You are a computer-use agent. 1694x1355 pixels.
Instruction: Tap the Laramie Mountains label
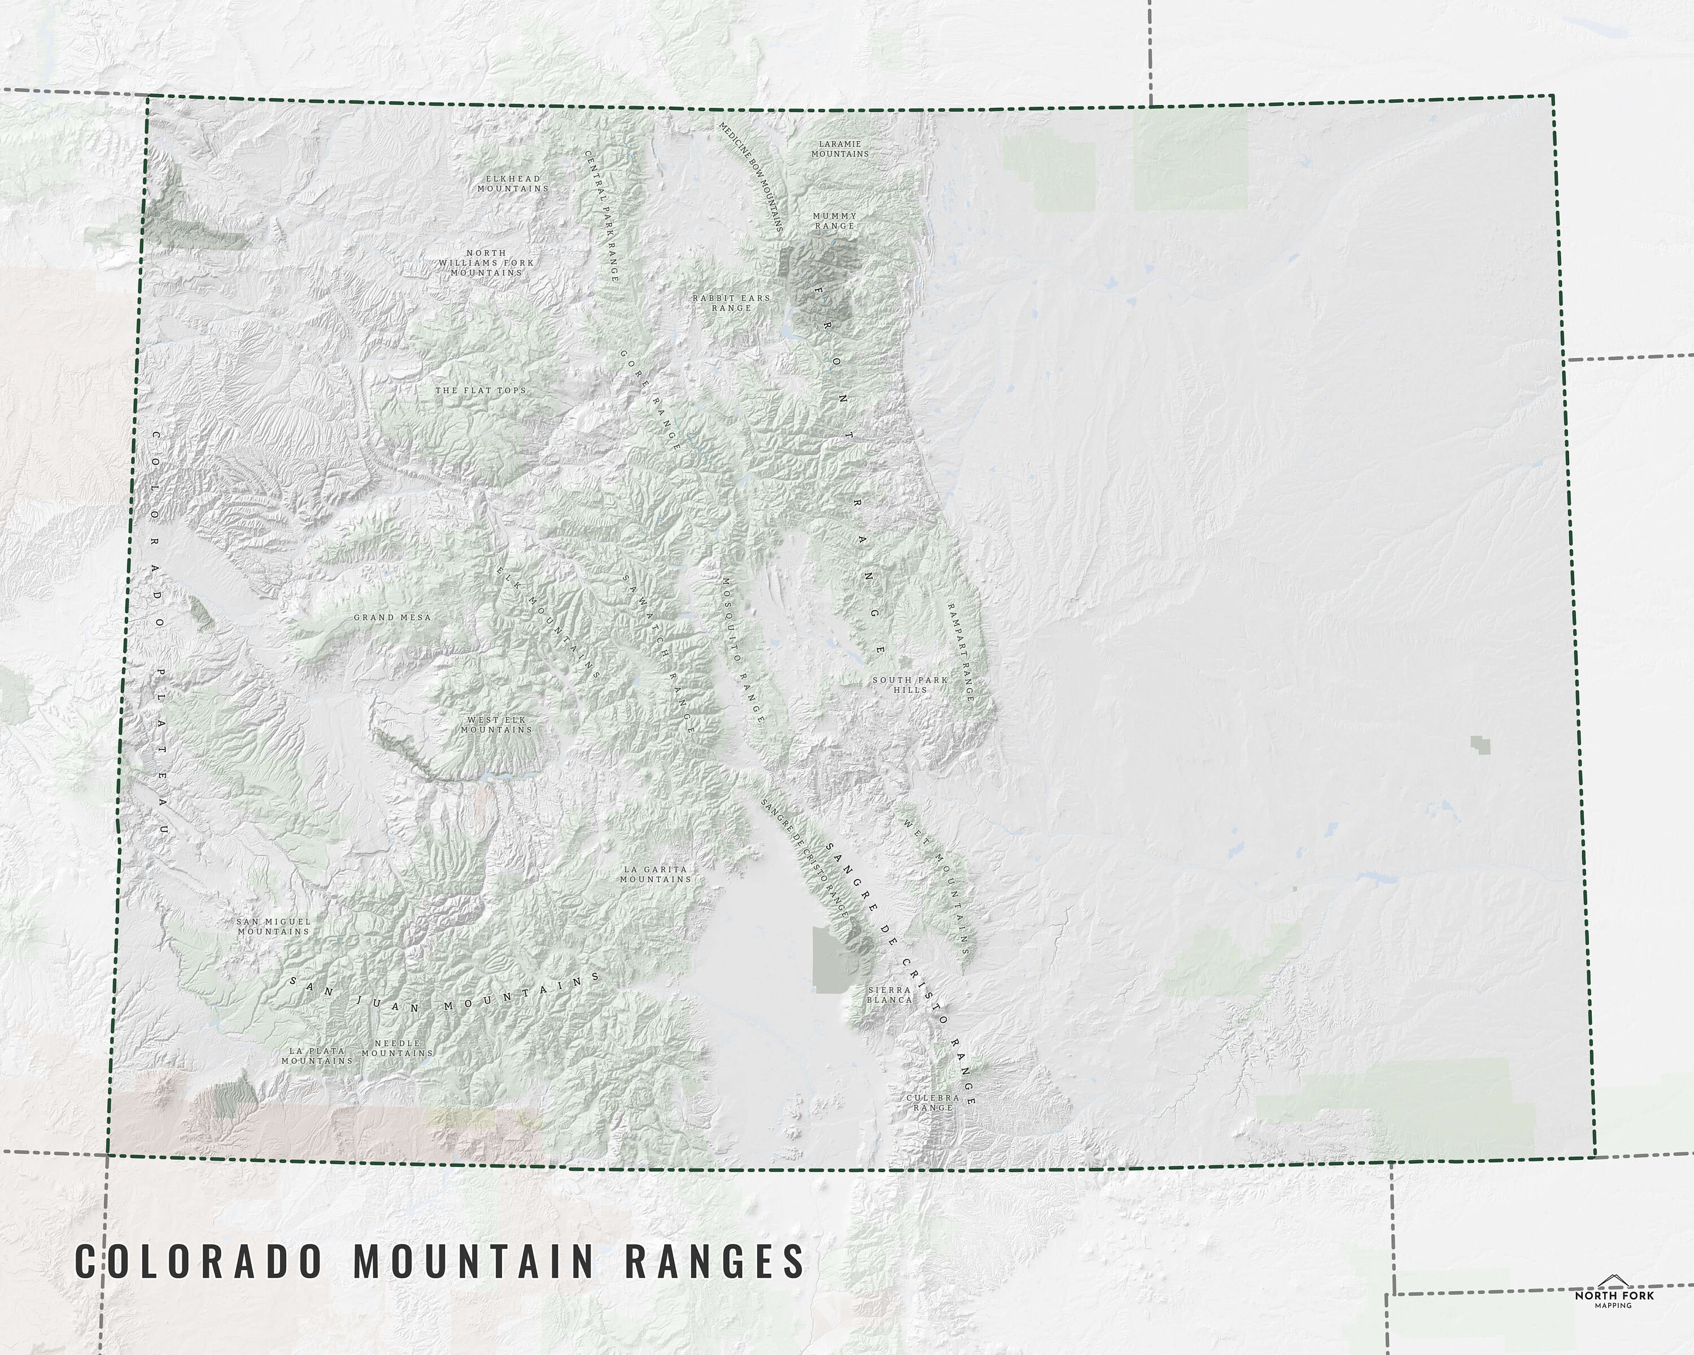[x=840, y=149]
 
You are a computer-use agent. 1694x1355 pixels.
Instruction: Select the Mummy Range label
[x=835, y=221]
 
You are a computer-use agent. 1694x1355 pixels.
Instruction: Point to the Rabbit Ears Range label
[x=731, y=303]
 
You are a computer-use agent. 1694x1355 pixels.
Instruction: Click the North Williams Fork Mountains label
[x=486, y=263]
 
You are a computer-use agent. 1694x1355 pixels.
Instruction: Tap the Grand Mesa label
[x=392, y=618]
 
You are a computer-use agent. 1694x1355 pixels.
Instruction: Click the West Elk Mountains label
[x=496, y=724]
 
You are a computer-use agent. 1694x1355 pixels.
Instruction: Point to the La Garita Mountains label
[x=655, y=875]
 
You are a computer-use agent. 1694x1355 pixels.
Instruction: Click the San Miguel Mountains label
[x=273, y=926]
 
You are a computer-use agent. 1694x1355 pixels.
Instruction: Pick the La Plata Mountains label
[x=317, y=1055]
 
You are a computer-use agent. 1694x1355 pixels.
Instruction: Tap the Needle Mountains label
[x=397, y=1048]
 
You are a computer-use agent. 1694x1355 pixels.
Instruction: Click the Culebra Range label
[x=933, y=1102]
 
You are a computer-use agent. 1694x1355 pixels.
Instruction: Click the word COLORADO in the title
[x=199, y=1261]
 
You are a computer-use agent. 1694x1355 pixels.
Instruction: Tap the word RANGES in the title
[x=715, y=1261]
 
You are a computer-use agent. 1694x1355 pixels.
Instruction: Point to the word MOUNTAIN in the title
[x=474, y=1261]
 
